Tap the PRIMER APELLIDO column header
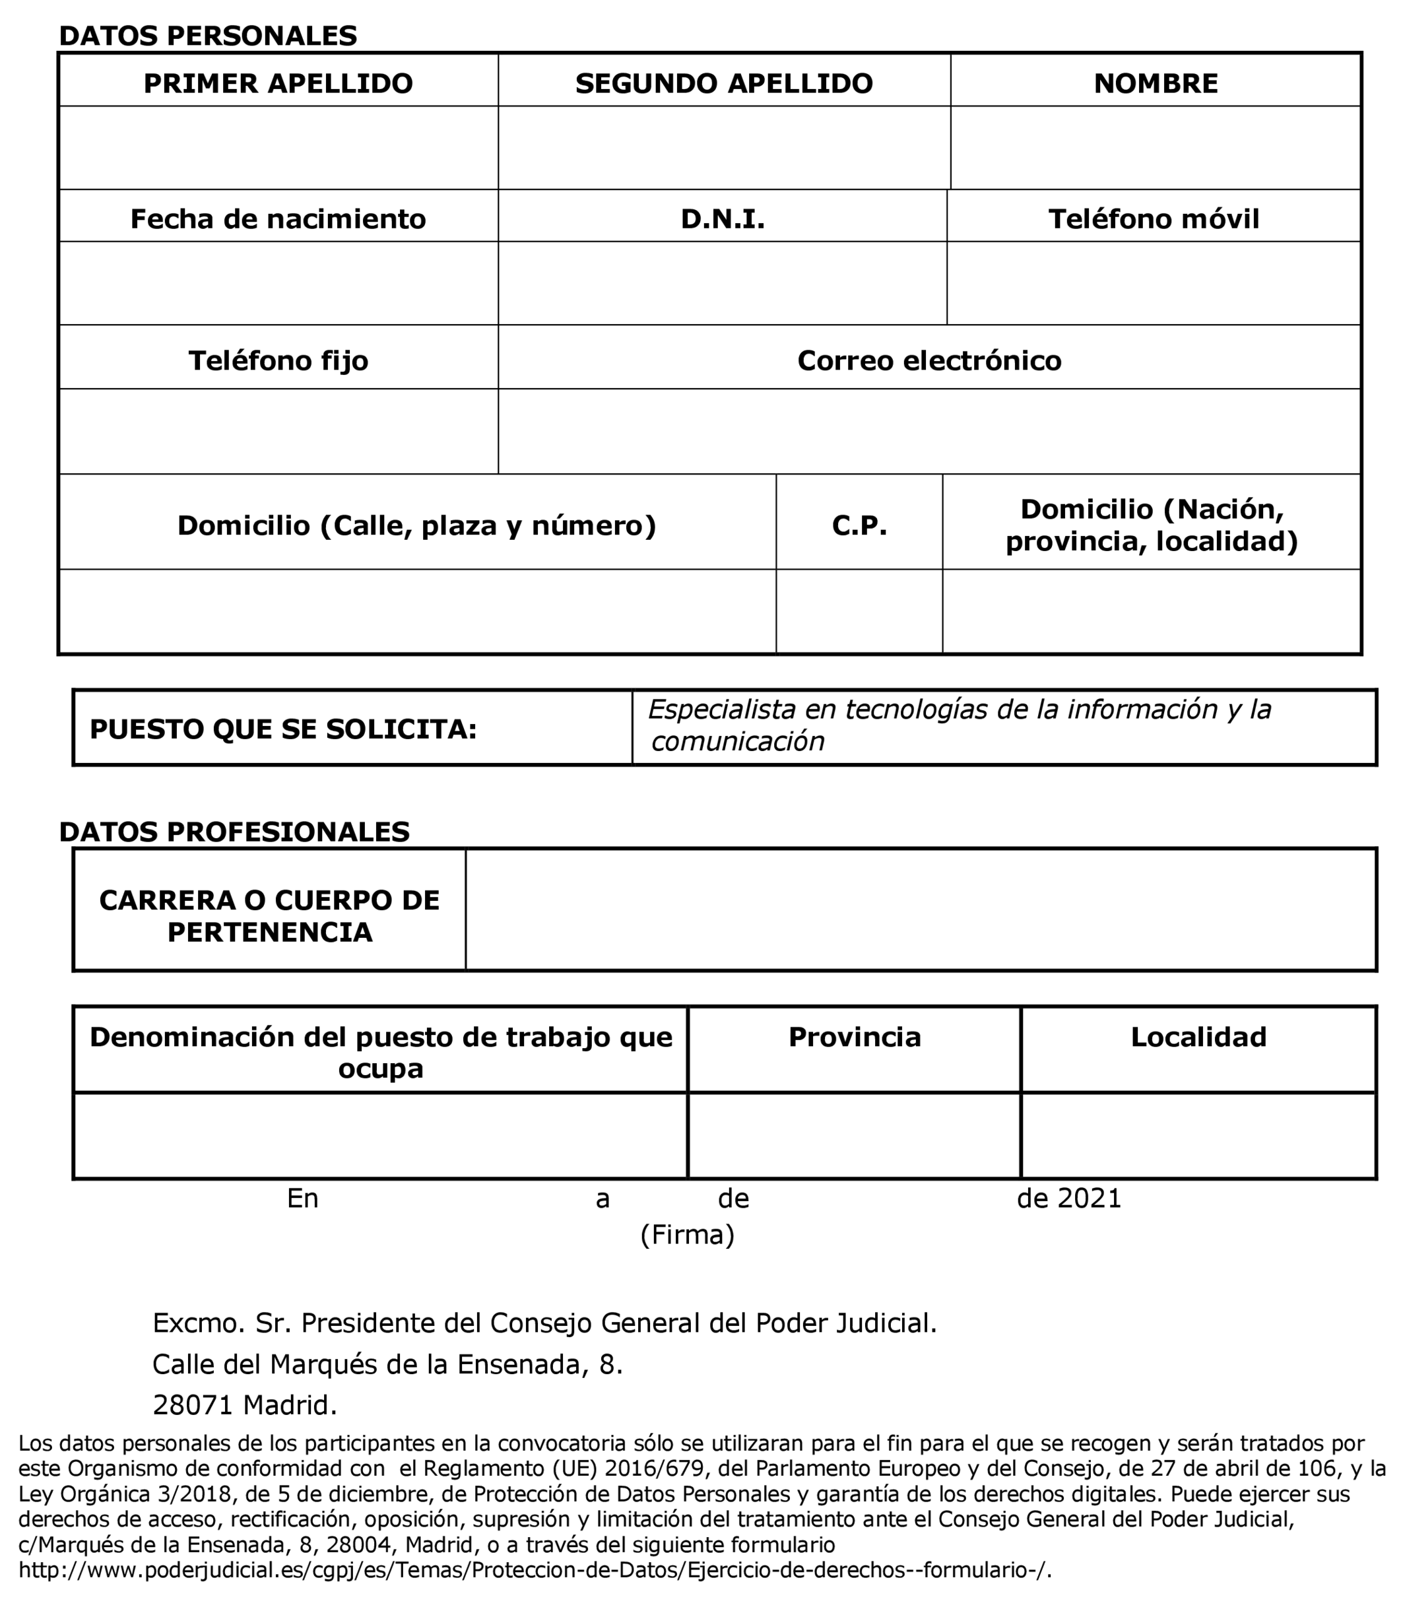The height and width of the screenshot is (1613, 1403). pyautogui.click(x=278, y=83)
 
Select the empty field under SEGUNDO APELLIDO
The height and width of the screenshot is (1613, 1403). pyautogui.click(x=723, y=147)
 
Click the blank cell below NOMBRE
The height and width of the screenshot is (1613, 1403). pyautogui.click(x=1155, y=147)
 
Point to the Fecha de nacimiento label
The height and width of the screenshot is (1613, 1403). pyautogui.click(x=278, y=218)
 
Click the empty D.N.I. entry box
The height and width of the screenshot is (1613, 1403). pyautogui.click(x=722, y=282)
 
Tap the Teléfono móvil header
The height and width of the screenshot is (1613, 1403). pyautogui.click(x=1154, y=218)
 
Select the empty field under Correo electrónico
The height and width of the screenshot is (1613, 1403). pyautogui.click(x=929, y=431)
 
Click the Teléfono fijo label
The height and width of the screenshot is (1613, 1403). pyautogui.click(x=278, y=360)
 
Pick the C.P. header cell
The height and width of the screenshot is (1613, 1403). pyautogui.click(x=859, y=525)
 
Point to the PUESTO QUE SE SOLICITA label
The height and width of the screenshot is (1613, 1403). pyautogui.click(x=282, y=729)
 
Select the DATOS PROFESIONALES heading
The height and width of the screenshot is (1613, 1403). pyautogui.click(x=234, y=832)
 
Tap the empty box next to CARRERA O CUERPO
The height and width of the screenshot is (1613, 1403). pyautogui.click(x=920, y=910)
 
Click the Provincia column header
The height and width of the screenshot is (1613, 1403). pyautogui.click(x=854, y=1037)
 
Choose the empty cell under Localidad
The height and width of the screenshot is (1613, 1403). pyautogui.click(x=1198, y=1135)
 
